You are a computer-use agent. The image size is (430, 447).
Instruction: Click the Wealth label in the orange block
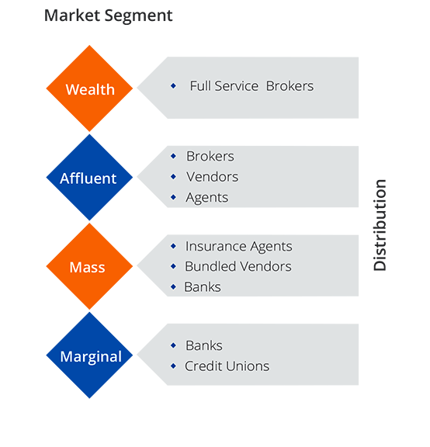pyautogui.click(x=90, y=89)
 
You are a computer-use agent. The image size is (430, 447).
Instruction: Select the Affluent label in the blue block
pyautogui.click(x=88, y=178)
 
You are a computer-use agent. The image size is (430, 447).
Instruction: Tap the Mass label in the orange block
pyautogui.click(x=87, y=268)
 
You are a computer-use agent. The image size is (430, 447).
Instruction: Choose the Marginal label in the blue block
pyautogui.click(x=91, y=357)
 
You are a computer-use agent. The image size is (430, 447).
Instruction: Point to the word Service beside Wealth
pyautogui.click(x=237, y=86)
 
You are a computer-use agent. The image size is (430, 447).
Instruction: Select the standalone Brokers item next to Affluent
pyautogui.click(x=210, y=157)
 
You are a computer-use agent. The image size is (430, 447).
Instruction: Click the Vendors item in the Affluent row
pyautogui.click(x=212, y=177)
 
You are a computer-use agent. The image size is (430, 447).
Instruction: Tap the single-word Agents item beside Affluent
pyautogui.click(x=207, y=198)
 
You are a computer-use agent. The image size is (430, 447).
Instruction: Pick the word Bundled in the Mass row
pyautogui.click(x=209, y=267)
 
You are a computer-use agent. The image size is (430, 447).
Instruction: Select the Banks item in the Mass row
pyautogui.click(x=203, y=287)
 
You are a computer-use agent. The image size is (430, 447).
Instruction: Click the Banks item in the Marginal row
pyautogui.click(x=204, y=346)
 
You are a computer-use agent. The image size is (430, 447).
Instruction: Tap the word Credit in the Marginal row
pyautogui.click(x=203, y=366)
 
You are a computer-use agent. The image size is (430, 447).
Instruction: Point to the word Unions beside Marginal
pyautogui.click(x=248, y=366)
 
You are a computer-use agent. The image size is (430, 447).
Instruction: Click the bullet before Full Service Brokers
pyautogui.click(x=173, y=86)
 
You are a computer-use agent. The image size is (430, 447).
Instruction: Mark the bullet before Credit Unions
pyautogui.click(x=173, y=366)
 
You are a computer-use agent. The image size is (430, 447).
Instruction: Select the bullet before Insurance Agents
pyautogui.click(x=173, y=247)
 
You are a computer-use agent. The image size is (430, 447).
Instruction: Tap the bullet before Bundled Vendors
pyautogui.click(x=173, y=267)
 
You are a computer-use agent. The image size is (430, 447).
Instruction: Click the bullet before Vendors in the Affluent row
pyautogui.click(x=173, y=177)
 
